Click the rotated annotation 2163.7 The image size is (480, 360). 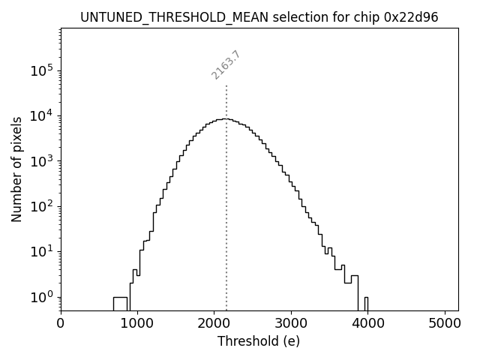pyautogui.click(x=226, y=65)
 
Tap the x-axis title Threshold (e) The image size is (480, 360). pyautogui.click(x=259, y=341)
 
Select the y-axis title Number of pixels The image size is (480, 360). pyautogui.click(x=16, y=170)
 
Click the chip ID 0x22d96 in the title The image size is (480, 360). pyautogui.click(x=412, y=16)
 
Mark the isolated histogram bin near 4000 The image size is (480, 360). pyautogui.click(x=366, y=302)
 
